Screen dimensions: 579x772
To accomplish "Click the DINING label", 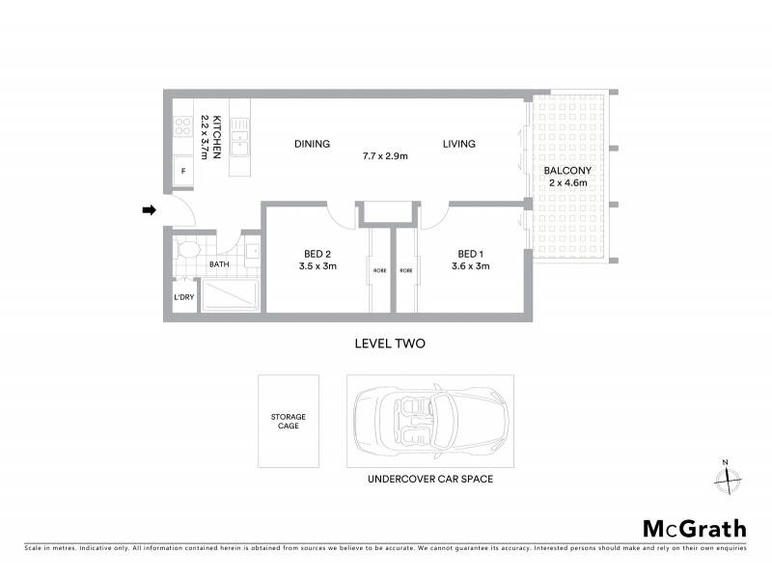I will (312, 144).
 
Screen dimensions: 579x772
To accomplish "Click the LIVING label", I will (459, 144).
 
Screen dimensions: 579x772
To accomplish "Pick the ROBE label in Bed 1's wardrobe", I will (406, 270).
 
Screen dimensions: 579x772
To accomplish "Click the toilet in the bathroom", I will (188, 252).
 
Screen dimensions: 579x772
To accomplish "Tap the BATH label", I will (219, 263).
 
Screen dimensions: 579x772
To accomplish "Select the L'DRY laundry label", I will (184, 297).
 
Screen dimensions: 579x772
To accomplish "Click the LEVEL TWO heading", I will (390, 343).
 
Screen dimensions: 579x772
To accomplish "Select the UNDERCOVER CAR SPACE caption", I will (429, 478).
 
